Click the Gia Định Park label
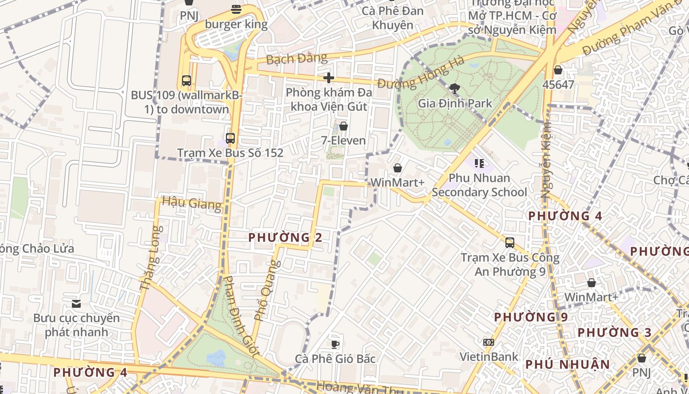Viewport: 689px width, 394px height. pos(455,103)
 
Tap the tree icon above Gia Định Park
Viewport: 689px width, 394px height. pos(455,89)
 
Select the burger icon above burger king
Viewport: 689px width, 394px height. pos(236,9)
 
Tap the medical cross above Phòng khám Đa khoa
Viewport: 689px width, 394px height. pos(329,78)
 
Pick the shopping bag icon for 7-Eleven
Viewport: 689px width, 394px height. pos(344,127)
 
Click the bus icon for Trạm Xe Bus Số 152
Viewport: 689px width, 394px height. pos(230,138)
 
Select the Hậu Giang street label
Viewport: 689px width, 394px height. pos(191,203)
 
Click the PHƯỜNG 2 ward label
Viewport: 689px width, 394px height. pos(285,238)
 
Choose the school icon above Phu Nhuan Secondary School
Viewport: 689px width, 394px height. pos(479,163)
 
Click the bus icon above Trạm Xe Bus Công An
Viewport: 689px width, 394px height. pos(510,243)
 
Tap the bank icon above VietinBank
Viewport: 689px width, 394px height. pos(489,342)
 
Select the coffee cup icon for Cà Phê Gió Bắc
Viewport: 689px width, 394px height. pos(335,344)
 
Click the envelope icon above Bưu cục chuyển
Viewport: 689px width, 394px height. pos(76,303)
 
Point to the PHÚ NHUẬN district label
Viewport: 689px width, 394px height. pos(567,364)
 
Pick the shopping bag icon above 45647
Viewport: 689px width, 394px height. pos(558,70)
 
